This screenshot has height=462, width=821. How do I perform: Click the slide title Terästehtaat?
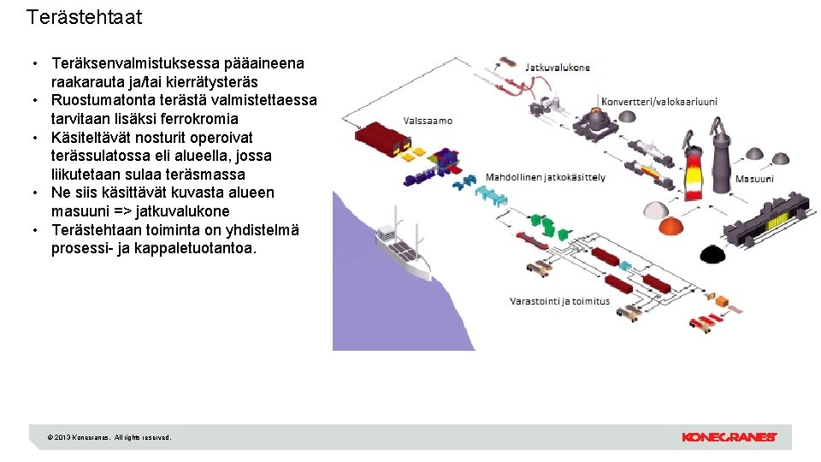[85, 17]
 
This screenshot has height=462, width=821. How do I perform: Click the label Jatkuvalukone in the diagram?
[557, 67]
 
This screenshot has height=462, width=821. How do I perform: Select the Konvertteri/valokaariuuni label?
[659, 101]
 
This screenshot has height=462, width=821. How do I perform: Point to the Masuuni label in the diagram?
[754, 179]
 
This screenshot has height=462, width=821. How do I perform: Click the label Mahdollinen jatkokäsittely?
[546, 177]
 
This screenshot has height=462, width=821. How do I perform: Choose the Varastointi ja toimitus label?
[559, 301]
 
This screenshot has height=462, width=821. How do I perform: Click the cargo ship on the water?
[406, 252]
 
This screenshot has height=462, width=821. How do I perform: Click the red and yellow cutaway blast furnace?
[692, 167]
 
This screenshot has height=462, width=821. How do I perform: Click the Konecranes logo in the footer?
[729, 437]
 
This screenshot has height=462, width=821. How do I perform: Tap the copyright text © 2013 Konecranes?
[110, 437]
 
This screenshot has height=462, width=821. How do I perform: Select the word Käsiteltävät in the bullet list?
[92, 137]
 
